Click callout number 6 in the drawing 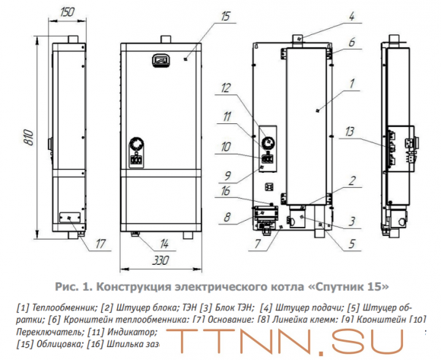coord(351,44)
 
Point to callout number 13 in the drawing coord(370,131)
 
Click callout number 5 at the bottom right coord(352,245)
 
